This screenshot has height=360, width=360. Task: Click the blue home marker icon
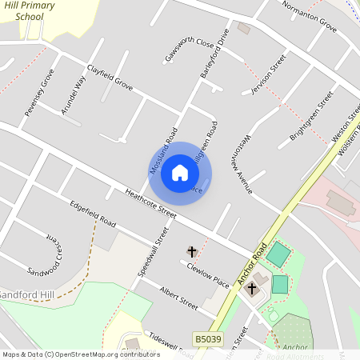point(180,172)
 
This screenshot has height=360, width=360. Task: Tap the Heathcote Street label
point(150,204)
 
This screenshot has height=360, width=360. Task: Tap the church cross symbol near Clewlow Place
point(191,252)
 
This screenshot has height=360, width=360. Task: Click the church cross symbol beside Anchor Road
point(252,288)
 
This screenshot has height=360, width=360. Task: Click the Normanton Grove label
point(309,16)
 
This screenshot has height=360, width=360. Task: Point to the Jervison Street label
point(268,75)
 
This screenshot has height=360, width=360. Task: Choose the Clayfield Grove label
point(110,77)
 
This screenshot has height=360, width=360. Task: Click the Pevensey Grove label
point(39,93)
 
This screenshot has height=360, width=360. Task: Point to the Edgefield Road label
point(93,212)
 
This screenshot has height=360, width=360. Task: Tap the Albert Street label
point(178,298)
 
